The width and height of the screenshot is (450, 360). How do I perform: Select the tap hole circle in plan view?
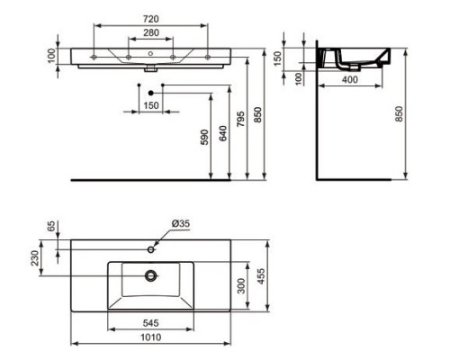(148, 247)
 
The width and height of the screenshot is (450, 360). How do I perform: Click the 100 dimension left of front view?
(51, 56)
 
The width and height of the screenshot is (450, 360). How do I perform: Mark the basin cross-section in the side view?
(342, 59)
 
